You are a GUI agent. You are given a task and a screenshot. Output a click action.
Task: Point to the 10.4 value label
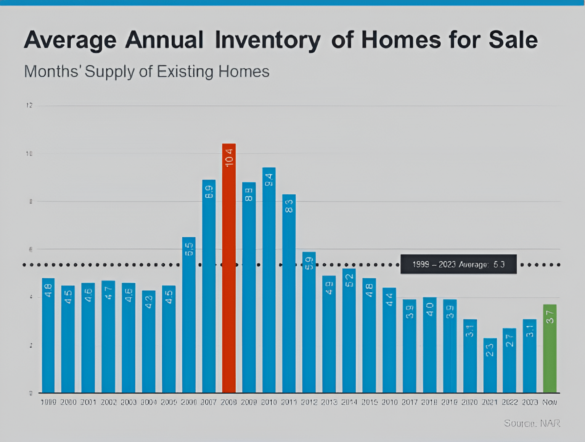(x=229, y=158)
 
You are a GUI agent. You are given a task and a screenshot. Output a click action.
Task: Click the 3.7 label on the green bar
(x=550, y=317)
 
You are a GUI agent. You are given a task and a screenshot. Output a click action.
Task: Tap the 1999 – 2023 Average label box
(x=458, y=264)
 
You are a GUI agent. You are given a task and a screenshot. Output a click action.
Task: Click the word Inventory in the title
(x=268, y=40)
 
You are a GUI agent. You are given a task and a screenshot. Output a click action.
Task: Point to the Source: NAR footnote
(x=532, y=423)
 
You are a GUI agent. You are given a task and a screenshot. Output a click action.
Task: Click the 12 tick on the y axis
(x=29, y=105)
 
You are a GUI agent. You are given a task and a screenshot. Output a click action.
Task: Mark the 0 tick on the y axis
(x=31, y=393)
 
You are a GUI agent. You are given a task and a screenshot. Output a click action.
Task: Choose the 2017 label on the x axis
(x=409, y=402)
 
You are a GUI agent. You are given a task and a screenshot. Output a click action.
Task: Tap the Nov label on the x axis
(x=550, y=402)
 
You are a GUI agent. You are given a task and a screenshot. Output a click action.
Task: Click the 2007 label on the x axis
(x=209, y=402)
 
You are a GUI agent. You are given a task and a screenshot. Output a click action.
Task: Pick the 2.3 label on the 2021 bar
(x=490, y=350)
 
